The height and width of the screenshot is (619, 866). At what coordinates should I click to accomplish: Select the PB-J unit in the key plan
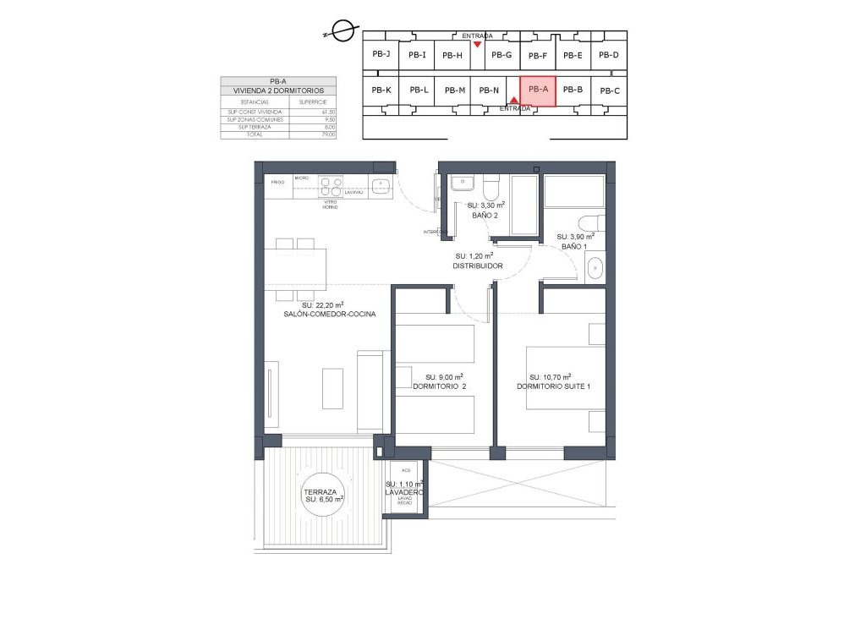point(381,54)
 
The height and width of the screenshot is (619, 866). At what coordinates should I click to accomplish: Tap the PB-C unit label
point(609,90)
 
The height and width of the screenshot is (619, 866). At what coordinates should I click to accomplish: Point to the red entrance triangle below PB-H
point(479,44)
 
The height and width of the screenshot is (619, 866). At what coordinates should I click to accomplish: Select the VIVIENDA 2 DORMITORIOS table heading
point(279,90)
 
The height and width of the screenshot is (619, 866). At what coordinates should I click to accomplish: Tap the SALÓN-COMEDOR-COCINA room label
point(330,314)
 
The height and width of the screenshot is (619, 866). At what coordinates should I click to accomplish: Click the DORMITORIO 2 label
point(439,386)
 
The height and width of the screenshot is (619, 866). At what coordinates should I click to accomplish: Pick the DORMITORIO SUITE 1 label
point(554,386)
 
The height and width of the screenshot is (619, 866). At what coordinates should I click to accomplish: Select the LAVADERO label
point(403,491)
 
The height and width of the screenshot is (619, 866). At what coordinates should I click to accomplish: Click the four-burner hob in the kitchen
point(329,187)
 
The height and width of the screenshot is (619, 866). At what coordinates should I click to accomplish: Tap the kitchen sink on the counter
point(381,185)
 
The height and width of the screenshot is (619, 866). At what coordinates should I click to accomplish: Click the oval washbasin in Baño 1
point(595,268)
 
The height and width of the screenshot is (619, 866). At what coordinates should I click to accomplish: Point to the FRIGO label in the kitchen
point(277,183)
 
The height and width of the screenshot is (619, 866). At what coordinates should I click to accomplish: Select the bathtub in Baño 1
point(574,192)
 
